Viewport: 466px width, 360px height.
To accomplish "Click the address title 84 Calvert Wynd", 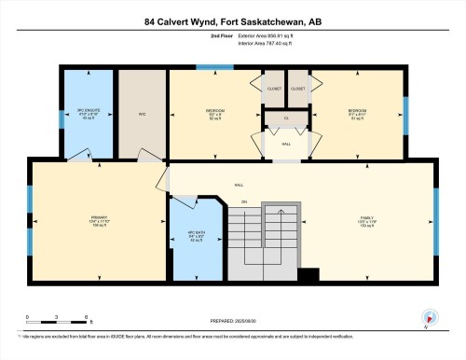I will (x=232, y=21).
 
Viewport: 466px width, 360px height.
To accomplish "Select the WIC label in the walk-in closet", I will (x=143, y=115).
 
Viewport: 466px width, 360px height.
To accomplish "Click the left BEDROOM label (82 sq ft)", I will (x=215, y=114).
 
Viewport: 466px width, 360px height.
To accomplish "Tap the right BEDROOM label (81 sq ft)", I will (x=358, y=114).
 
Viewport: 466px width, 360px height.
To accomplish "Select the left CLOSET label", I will (x=273, y=89).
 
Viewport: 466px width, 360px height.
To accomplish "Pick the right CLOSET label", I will (x=298, y=89).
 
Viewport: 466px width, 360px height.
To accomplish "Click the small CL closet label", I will (x=285, y=118).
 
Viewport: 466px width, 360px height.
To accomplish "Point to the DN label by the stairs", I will (x=244, y=202).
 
